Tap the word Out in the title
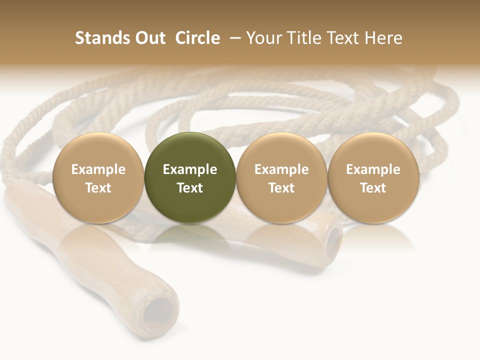click(x=148, y=38)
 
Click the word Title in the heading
click(x=304, y=38)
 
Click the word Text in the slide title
click(x=345, y=38)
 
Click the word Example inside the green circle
click(x=190, y=169)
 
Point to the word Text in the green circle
click(x=190, y=188)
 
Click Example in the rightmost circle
click(x=373, y=169)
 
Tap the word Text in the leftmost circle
click(x=98, y=188)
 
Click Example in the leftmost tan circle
click(x=98, y=169)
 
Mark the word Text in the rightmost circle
click(x=373, y=188)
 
